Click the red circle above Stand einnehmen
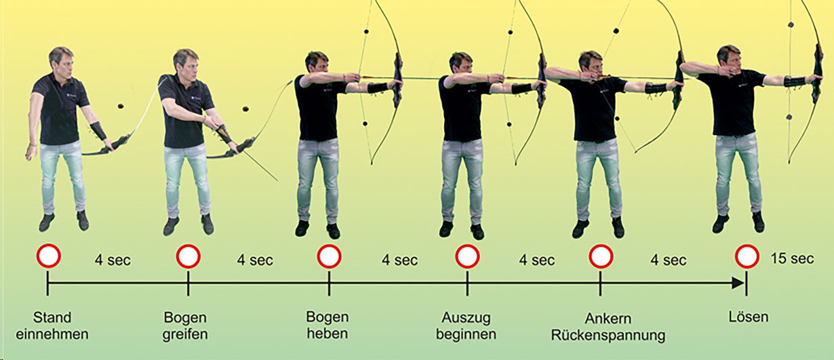[48, 256]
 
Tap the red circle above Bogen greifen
[188, 256]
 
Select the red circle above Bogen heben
[329, 256]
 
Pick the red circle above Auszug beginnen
[467, 256]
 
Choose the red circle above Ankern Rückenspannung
[601, 256]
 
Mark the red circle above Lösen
[747, 256]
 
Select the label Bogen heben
[327, 325]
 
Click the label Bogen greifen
[185, 325]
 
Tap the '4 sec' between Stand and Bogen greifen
[112, 260]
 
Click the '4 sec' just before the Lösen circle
[669, 260]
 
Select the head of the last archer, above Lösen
[728, 57]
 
